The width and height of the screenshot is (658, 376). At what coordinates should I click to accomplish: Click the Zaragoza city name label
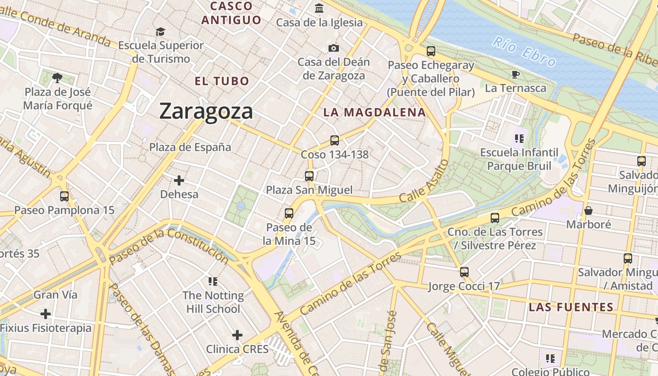(206, 111)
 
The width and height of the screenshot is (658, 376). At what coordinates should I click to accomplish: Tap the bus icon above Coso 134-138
(335, 140)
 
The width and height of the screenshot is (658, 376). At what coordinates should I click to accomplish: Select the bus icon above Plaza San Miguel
(309, 176)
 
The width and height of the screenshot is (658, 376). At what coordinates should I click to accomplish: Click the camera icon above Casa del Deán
(333, 48)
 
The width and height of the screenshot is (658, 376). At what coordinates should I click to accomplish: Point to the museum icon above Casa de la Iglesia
(319, 8)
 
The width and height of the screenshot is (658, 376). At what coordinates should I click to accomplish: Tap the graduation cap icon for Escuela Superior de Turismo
(161, 31)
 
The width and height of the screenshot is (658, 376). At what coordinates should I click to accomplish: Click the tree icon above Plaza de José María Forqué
(57, 78)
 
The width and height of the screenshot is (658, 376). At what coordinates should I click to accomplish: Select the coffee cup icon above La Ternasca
(516, 74)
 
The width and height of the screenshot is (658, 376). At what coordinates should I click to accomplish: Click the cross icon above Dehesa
(179, 180)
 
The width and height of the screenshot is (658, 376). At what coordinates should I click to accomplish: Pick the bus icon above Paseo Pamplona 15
(64, 196)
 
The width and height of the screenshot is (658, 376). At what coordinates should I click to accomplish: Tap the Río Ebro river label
(524, 52)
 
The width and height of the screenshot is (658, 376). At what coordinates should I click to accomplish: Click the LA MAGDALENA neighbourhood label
(375, 112)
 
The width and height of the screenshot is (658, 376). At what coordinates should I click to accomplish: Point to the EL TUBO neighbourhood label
(222, 81)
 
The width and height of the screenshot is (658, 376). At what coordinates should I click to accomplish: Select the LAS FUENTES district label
(571, 307)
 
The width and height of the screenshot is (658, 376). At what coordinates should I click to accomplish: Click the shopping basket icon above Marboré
(588, 211)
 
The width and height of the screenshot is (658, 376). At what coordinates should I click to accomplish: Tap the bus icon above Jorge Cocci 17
(464, 272)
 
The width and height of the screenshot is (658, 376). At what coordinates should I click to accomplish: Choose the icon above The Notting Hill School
(213, 282)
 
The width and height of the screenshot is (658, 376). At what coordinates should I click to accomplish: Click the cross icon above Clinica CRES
(237, 335)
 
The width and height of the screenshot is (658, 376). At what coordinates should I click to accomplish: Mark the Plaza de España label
(190, 147)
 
